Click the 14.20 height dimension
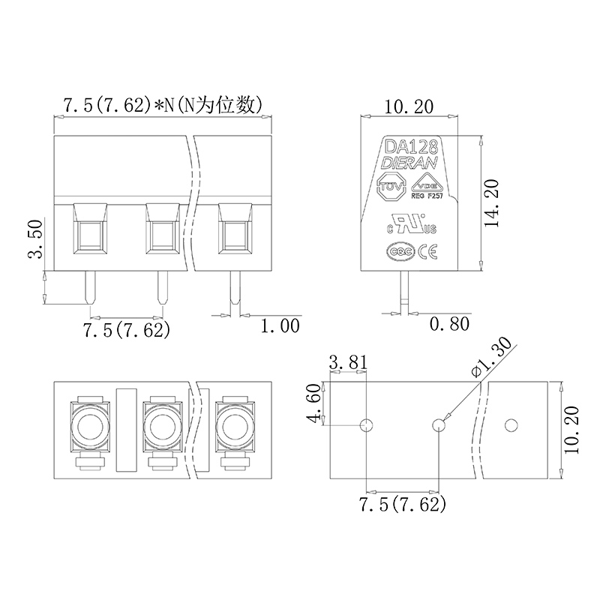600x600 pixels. pyautogui.click(x=492, y=202)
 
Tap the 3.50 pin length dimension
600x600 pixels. pyautogui.click(x=35, y=239)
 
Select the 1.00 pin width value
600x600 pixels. pyautogui.click(x=280, y=326)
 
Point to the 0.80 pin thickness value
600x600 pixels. pyautogui.click(x=449, y=324)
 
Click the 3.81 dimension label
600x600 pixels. pyautogui.click(x=348, y=362)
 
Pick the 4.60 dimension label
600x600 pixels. pyautogui.click(x=314, y=403)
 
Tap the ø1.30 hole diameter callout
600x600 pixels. pyautogui.click(x=492, y=358)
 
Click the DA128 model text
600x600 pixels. pyautogui.click(x=411, y=146)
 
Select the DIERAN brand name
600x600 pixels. pyautogui.click(x=409, y=163)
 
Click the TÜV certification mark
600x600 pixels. pyautogui.click(x=391, y=187)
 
